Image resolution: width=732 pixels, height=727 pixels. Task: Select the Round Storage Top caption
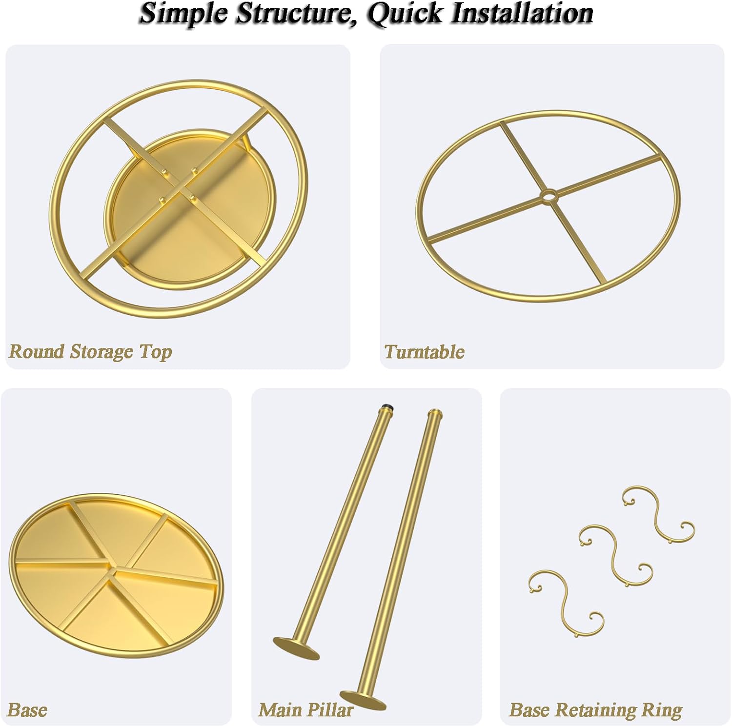(x=90, y=352)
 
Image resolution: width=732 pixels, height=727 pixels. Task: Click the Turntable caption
(x=424, y=352)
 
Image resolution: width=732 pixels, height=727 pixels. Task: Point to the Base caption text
(x=27, y=709)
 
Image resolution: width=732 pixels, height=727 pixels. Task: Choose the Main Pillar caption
(x=306, y=709)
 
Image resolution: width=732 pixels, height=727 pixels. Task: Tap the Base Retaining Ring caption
(x=595, y=710)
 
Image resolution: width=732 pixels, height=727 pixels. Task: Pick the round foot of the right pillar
(x=363, y=699)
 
